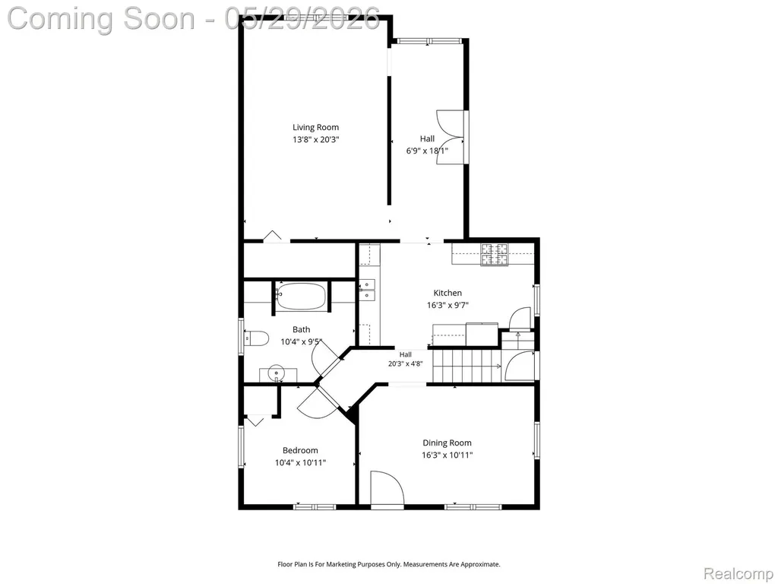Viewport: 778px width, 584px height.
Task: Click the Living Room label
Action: tap(315, 128)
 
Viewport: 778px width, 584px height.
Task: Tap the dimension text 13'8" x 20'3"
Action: tap(315, 140)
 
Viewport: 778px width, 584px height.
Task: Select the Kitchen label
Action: tap(448, 293)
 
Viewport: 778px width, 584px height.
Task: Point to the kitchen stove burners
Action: tap(494, 254)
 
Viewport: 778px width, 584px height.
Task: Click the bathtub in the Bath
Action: tap(301, 297)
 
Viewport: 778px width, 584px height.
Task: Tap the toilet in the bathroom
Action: tap(257, 338)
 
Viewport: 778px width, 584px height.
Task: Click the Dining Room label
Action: tap(447, 443)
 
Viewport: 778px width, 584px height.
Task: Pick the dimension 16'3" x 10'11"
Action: tap(447, 455)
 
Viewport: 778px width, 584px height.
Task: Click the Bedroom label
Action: tap(300, 450)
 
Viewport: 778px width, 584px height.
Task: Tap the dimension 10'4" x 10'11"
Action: tap(300, 463)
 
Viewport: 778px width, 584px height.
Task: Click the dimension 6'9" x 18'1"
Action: tap(427, 151)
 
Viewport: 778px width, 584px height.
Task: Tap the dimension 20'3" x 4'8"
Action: tap(406, 363)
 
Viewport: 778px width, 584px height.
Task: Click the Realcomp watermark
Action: tap(738, 573)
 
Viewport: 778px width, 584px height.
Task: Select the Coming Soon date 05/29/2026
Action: tap(302, 18)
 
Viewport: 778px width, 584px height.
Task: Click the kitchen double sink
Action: tap(368, 290)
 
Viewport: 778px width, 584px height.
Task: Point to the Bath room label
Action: tap(301, 329)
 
